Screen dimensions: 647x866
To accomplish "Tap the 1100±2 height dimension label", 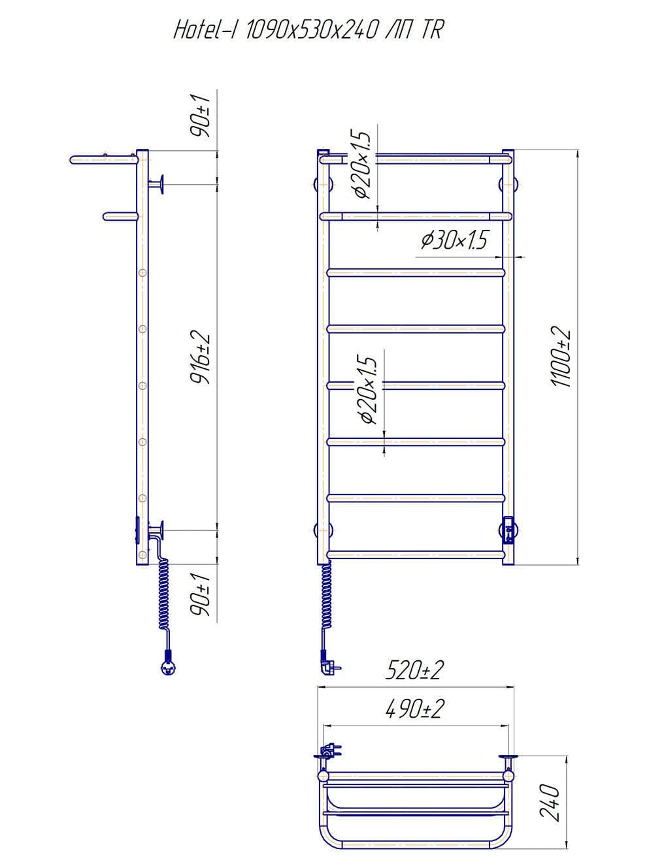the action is [561, 357].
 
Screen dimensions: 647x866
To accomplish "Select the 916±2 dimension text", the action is [201, 359].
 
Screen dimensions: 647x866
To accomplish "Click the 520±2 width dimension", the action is [414, 670].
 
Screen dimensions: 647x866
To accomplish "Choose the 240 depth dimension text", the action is [550, 802].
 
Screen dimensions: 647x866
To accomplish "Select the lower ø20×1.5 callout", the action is [369, 390].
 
